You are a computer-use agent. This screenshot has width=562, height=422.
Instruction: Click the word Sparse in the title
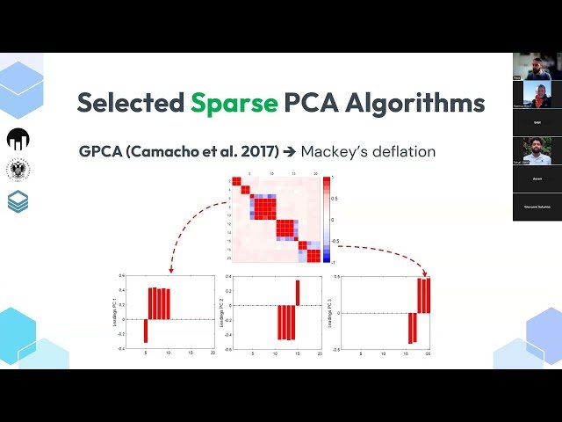point(234,103)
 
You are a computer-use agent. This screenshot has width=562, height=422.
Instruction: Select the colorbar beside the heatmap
point(327,220)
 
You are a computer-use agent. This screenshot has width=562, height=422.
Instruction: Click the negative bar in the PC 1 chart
point(146,330)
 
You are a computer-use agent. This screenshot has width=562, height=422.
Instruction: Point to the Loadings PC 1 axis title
point(114,311)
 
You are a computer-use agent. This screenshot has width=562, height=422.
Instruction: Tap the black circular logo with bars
point(18,139)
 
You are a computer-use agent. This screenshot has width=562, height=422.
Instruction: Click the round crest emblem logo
point(18,170)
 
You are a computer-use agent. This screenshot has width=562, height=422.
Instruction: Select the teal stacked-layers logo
point(18,201)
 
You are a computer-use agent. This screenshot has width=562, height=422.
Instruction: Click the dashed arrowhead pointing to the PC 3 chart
point(423,273)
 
